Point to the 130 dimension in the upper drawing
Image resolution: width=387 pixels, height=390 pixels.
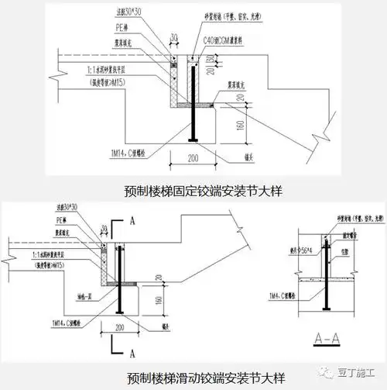211,60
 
